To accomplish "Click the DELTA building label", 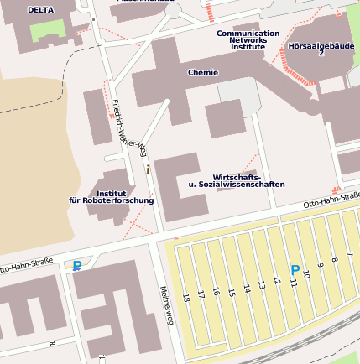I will pyautogui.click(x=39, y=10).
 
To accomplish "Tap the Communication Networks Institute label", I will pyautogui.click(x=248, y=40).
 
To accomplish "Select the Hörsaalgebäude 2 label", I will pyautogui.click(x=320, y=48).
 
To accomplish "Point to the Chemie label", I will pyautogui.click(x=203, y=72).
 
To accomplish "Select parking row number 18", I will pyautogui.click(x=185, y=296).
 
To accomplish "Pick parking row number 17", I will pyautogui.click(x=201, y=294).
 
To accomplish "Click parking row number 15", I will pyautogui.click(x=231, y=290).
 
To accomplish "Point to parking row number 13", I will pyautogui.click(x=261, y=284).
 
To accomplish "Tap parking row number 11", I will pyautogui.click(x=293, y=283).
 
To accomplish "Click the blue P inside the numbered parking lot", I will pyautogui.click(x=295, y=270).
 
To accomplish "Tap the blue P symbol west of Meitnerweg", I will pyautogui.click(x=77, y=266).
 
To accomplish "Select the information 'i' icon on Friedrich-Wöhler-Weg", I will pyautogui.click(x=148, y=169).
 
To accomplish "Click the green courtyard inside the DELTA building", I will pyautogui.click(x=46, y=29).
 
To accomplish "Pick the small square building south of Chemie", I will pyautogui.click(x=225, y=119).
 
